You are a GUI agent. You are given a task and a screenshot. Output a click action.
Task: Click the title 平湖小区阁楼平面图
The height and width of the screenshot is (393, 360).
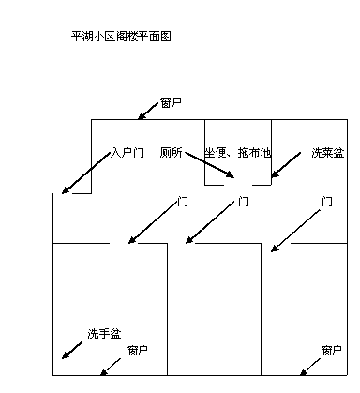coord(121,37)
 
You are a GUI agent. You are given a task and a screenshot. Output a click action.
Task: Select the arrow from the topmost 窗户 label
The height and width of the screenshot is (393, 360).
coord(149,111)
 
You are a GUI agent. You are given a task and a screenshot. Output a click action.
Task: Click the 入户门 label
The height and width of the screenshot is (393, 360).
coord(127,152)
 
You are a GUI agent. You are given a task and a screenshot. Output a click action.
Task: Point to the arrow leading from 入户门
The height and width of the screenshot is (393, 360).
coord(86,174)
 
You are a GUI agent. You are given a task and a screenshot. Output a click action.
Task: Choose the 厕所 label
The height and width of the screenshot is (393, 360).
coord(170,152)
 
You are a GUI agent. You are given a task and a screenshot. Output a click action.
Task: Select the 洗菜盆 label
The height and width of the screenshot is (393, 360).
coord(327,152)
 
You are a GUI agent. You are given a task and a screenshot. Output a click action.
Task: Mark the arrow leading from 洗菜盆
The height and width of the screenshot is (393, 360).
coord(289,164)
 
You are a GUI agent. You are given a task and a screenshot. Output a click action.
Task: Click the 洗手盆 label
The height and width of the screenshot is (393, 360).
coord(104,333)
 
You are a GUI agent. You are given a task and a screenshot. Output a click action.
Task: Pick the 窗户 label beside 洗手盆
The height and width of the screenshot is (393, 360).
coord(137,350)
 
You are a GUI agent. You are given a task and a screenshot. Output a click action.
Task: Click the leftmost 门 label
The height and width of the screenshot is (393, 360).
coord(182,201)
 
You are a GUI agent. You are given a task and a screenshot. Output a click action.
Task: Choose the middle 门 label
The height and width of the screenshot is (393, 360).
coord(244,201)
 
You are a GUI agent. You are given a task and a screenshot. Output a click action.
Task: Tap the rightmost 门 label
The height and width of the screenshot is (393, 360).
coord(326,201)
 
